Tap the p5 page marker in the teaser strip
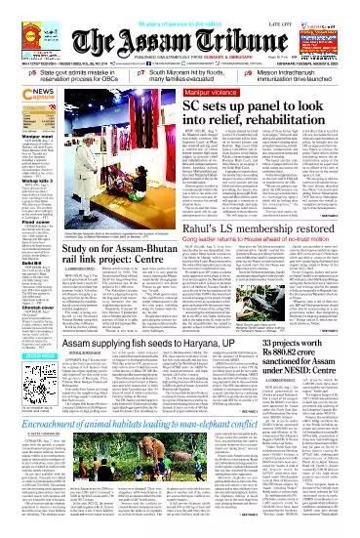[8, 73]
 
